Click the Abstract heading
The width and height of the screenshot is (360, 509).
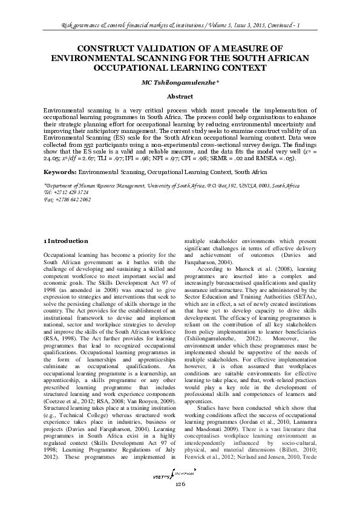coord(180,97)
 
